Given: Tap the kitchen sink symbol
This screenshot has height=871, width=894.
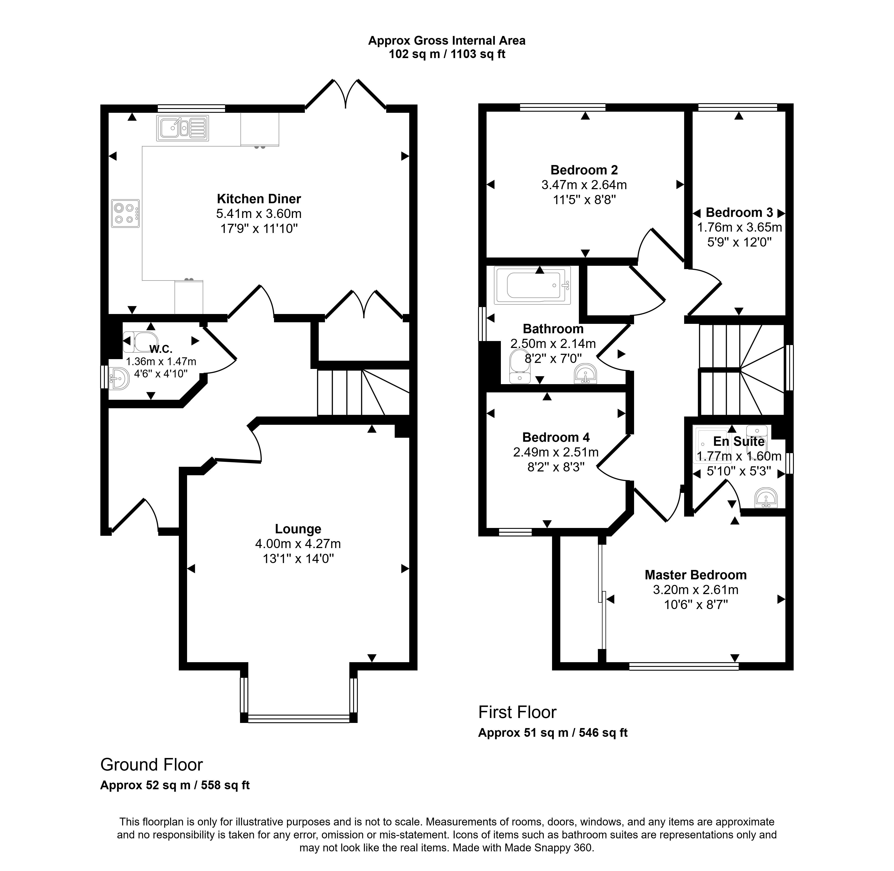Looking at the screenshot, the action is pyautogui.click(x=183, y=128).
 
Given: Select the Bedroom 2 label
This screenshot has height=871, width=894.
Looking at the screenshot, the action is pyautogui.click(x=584, y=170).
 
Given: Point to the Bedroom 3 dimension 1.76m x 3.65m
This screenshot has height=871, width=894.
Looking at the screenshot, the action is pyautogui.click(x=739, y=227).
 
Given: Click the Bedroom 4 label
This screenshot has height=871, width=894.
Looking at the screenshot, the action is pyautogui.click(x=556, y=438).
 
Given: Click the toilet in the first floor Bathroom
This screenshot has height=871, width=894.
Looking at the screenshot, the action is pyautogui.click(x=520, y=367).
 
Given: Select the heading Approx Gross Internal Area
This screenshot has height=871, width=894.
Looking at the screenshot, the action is pyautogui.click(x=447, y=41).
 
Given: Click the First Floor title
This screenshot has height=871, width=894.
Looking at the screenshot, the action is pyautogui.click(x=517, y=712).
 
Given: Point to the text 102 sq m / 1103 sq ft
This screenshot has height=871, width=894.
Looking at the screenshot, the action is pyautogui.click(x=447, y=54).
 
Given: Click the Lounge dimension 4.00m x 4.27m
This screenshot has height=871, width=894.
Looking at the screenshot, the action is pyautogui.click(x=298, y=544).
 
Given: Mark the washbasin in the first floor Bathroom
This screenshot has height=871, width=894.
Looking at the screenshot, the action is pyautogui.click(x=586, y=373).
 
